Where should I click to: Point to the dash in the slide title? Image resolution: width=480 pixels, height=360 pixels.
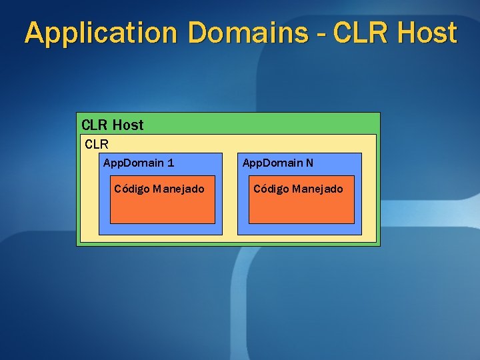tap(323, 33)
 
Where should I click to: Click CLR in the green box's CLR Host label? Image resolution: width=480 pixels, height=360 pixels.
tap(95, 125)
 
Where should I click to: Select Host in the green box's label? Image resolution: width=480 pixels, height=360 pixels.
tap(128, 125)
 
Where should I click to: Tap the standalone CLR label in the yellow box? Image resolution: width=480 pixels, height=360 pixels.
tap(97, 143)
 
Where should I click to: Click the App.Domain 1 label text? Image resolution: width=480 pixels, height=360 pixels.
tap(139, 163)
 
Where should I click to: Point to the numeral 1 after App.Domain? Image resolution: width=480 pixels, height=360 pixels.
tap(171, 163)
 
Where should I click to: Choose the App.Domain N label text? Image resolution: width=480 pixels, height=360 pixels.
tap(278, 163)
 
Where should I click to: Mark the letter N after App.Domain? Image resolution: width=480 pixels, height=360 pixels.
tap(310, 163)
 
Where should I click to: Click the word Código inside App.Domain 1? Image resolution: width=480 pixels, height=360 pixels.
tap(131, 189)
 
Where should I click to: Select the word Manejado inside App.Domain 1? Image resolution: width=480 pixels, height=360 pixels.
tap(179, 189)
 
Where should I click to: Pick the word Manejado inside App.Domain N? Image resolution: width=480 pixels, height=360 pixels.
tap(317, 189)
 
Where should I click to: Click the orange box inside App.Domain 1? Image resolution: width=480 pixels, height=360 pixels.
tap(162, 210)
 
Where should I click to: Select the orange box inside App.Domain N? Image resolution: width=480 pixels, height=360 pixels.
tap(301, 210)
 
